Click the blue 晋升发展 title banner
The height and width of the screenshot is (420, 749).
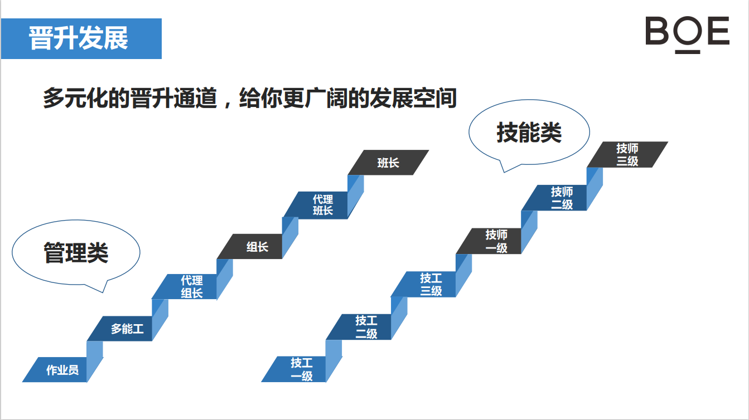pos(81,39)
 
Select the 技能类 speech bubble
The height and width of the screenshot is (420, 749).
pos(529,133)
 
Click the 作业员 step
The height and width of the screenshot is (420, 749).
pos(55,369)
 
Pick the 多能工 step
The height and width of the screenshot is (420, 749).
pos(120,329)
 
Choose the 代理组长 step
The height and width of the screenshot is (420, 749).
pos(184,286)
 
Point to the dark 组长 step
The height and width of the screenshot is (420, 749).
pos(249,246)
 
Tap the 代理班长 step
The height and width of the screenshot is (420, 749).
pos(315,204)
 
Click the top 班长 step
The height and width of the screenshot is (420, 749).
pos(388,162)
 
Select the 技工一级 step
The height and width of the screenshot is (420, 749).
pos(293,369)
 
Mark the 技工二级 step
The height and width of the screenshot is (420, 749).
pos(359,327)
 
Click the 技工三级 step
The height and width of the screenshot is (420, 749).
pos(423,284)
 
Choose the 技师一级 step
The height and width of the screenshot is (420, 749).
pos(489,241)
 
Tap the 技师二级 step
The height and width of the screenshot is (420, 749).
pos(554,198)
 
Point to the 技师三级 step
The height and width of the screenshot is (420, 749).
pos(627,154)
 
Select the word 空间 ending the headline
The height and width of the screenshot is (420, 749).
pos(435,98)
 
